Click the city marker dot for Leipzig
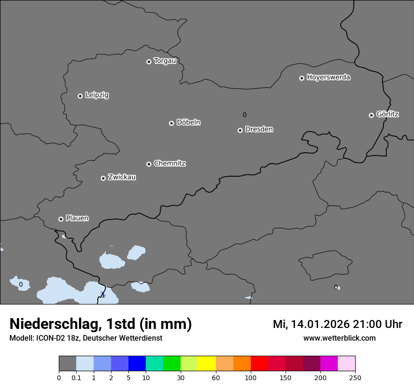click(x=80, y=96)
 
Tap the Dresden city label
click(x=259, y=129)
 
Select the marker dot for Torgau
click(x=149, y=62)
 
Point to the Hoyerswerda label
click(x=328, y=78)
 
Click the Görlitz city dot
click(x=371, y=115)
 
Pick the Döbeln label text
click(x=188, y=123)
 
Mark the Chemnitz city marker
click(x=149, y=164)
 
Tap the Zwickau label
click(x=122, y=177)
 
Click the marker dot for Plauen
click(x=61, y=219)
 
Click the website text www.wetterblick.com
click(x=339, y=338)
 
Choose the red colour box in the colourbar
click(x=259, y=364)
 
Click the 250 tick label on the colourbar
click(x=355, y=378)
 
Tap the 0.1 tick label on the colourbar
click(x=76, y=378)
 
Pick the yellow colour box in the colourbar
click(x=207, y=364)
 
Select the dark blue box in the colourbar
click(x=137, y=364)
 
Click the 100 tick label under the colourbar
click(x=251, y=378)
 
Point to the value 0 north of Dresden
click(x=245, y=115)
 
